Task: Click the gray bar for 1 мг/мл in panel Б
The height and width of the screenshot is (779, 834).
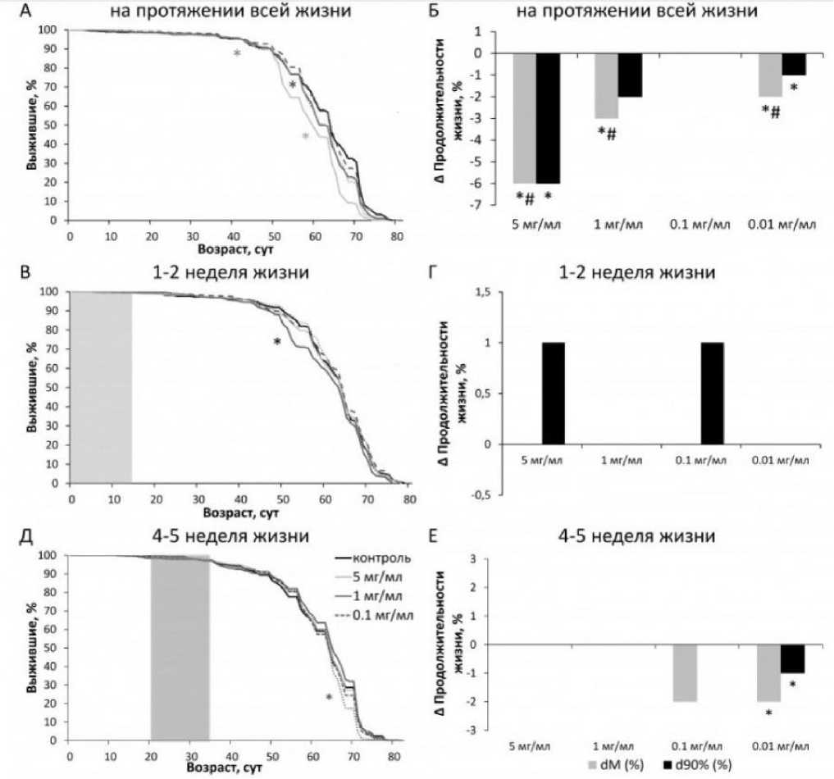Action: [606, 85]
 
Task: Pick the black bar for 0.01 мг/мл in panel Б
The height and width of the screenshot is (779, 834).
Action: [794, 64]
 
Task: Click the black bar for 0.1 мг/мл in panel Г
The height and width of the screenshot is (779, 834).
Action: [713, 394]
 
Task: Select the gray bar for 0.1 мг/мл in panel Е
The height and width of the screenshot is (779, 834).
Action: [686, 672]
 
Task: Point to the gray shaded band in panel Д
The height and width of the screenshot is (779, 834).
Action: [180, 648]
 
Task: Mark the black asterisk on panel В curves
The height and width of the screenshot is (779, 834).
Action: [277, 342]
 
